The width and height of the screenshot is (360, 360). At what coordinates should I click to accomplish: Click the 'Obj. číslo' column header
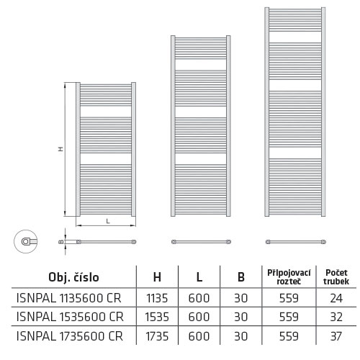(x=73, y=277)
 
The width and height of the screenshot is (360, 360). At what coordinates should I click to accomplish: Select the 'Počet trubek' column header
(x=336, y=277)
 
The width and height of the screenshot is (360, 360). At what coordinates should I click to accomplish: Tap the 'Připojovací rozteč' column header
(x=289, y=277)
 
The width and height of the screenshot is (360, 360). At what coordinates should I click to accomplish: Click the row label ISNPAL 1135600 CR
(x=68, y=298)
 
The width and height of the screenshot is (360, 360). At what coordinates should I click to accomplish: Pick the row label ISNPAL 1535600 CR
(x=70, y=317)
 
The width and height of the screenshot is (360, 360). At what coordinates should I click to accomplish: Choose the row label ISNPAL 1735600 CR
(x=70, y=336)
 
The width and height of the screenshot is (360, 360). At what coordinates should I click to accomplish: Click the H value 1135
(x=157, y=298)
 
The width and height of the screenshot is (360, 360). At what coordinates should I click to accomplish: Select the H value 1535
(x=157, y=317)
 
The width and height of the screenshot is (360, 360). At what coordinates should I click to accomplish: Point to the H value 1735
(x=157, y=336)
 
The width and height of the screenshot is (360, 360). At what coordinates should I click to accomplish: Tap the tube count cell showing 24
(x=336, y=298)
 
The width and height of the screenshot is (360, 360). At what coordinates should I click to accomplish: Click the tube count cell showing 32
(x=336, y=317)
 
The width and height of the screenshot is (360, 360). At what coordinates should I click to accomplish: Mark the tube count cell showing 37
(x=336, y=336)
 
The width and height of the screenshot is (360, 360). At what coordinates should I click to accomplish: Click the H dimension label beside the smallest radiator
(x=61, y=149)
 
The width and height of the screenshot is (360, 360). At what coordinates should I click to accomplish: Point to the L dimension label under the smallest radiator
(x=108, y=221)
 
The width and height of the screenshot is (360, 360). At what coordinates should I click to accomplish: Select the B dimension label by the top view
(x=61, y=242)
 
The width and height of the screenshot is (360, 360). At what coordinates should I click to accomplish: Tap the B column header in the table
(x=241, y=277)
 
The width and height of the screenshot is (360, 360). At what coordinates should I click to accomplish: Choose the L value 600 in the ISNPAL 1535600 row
(x=199, y=317)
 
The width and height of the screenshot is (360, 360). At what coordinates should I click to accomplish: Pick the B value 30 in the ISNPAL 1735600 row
(x=240, y=336)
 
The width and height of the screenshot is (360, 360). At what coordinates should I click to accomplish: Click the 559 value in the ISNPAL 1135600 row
(x=289, y=298)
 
